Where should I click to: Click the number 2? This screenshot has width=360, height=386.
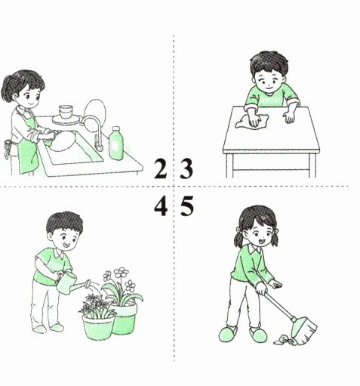(161, 168)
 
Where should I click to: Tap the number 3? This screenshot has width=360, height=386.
(186, 168)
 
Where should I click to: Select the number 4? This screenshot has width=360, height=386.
(161, 207)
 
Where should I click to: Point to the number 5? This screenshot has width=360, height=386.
(187, 207)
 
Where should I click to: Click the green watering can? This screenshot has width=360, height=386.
(71, 283)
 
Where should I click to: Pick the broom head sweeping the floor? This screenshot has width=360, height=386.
(304, 331)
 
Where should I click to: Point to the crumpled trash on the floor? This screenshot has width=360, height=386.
(284, 340)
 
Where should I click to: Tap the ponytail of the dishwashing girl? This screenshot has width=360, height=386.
(7, 89)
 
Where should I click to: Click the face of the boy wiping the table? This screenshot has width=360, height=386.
(269, 82)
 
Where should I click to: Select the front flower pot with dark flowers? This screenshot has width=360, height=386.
(98, 327)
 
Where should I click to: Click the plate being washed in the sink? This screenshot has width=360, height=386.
(63, 141)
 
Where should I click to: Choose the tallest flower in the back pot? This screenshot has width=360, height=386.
(122, 272)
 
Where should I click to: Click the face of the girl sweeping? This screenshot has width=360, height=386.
(262, 233)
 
